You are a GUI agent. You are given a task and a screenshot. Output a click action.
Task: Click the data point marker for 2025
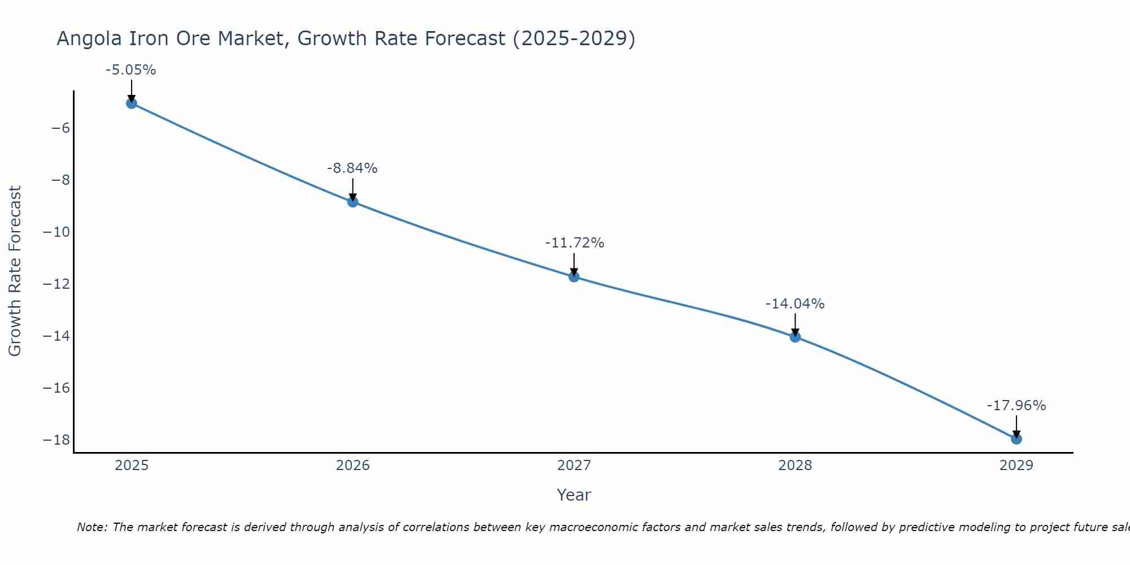click(132, 103)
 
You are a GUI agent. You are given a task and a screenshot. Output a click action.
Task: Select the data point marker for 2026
click(353, 202)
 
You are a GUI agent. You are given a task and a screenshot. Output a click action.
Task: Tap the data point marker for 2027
click(574, 276)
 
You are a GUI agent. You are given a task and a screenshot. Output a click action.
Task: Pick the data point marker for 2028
click(795, 337)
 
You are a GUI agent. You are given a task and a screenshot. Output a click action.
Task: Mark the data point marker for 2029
click(1016, 438)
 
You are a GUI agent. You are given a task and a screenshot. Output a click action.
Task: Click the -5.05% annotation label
click(131, 71)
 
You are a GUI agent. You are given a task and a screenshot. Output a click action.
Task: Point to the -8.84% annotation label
click(352, 168)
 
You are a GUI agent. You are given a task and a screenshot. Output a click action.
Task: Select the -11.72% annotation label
click(574, 243)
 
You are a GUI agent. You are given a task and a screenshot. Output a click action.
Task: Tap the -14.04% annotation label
click(794, 304)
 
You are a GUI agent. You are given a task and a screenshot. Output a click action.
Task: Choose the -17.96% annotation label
click(1016, 406)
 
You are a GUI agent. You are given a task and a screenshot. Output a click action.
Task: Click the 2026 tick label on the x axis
click(353, 466)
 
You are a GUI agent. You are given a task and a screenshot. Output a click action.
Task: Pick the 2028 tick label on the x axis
click(795, 466)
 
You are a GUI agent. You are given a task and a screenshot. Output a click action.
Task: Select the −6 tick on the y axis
click(60, 128)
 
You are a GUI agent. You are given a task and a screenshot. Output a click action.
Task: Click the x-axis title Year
click(573, 495)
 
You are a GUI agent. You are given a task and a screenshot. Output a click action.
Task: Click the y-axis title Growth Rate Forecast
click(15, 271)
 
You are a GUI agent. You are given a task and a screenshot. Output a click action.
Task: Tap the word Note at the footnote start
click(91, 527)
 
